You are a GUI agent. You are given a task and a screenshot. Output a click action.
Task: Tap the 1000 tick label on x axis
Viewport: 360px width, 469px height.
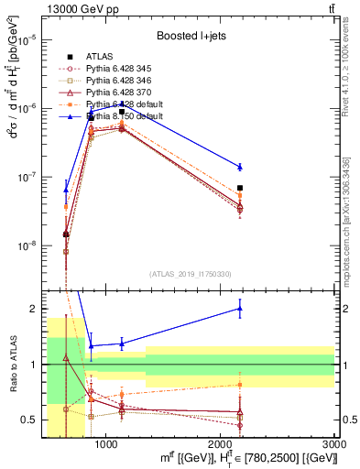106,442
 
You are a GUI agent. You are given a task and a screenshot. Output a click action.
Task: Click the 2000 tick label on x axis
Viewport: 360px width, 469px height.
221,442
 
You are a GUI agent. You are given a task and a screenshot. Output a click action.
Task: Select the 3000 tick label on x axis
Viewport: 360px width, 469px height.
334,442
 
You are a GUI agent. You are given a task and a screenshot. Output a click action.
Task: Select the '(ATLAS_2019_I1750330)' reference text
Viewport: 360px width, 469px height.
191,274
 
